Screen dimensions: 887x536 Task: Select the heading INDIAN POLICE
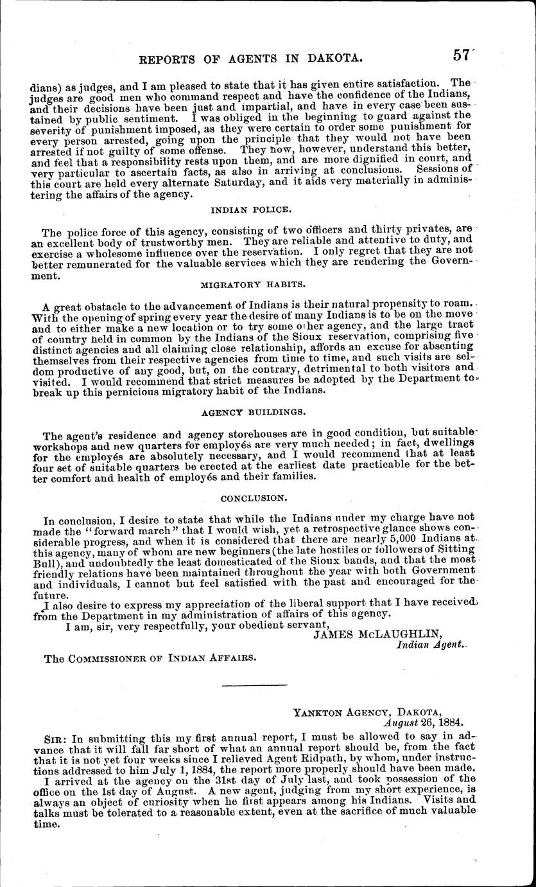coord(250,209)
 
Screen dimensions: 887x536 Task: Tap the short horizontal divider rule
coord(255,686)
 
